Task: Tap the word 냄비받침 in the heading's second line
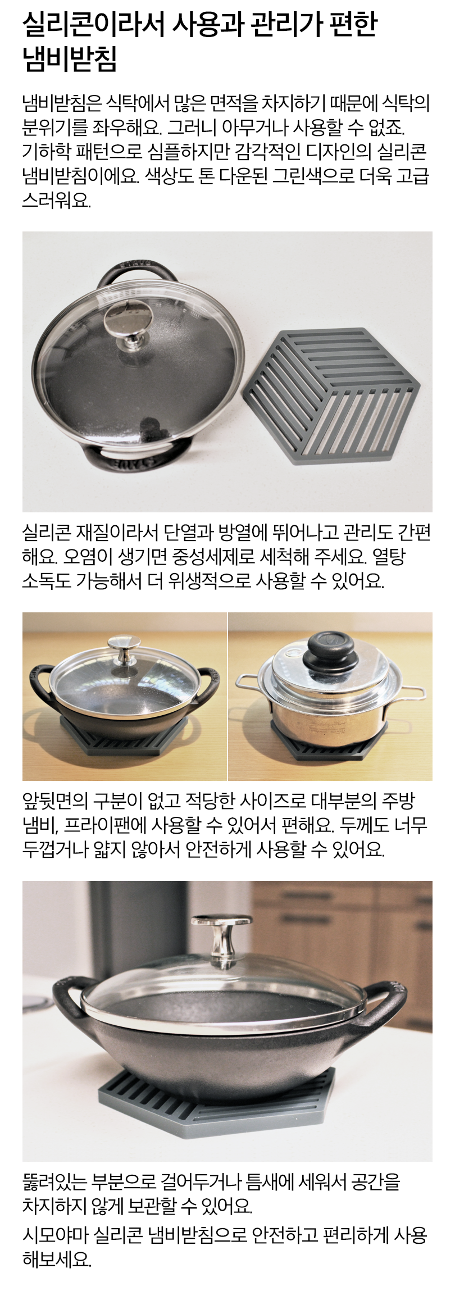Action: (x=70, y=60)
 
